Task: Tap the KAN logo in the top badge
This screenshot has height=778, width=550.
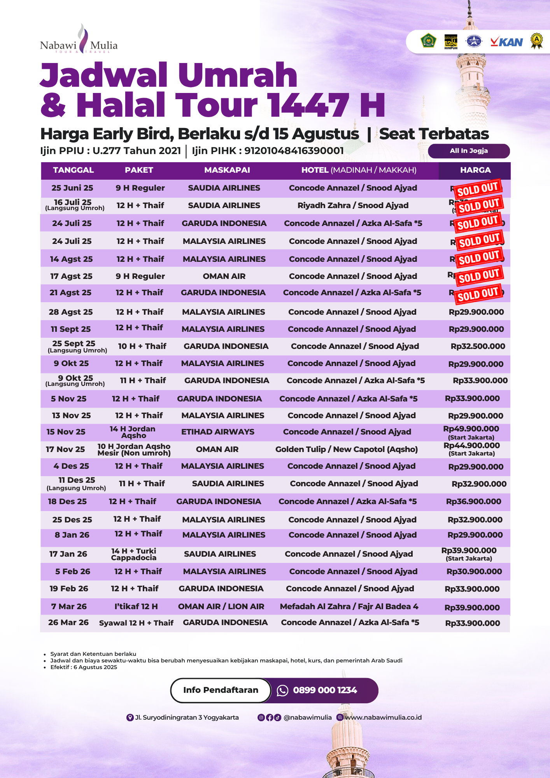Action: coord(506,42)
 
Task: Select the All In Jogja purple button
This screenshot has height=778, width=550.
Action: coord(469,151)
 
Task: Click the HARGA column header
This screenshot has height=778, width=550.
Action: coord(475,170)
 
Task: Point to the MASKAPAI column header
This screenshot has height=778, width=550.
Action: coord(227,170)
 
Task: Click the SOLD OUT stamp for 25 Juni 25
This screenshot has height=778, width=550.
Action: coord(478,189)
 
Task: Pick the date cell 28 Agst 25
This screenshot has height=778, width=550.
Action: coord(71,312)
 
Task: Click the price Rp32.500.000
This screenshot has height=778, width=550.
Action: coord(478,346)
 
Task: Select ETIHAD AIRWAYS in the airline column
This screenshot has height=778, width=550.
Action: coord(218,432)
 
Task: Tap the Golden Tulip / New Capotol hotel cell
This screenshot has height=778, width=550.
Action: coord(347,449)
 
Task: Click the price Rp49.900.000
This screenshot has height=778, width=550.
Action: coord(471,429)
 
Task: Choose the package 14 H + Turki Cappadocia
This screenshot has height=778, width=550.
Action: coord(134,554)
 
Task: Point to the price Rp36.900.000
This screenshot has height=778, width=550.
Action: coord(473,501)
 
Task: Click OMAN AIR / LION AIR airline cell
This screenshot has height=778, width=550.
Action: coord(221,606)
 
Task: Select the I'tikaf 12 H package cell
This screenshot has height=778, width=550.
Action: coord(136,606)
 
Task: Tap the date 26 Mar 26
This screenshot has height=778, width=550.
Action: coord(68,622)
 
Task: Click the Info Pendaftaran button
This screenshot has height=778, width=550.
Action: coord(221,690)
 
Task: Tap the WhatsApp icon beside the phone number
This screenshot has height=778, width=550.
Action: coord(282,690)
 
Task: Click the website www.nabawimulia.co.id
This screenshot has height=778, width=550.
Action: coord(383,717)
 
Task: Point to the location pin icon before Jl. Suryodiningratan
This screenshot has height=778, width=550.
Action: coord(130,717)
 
